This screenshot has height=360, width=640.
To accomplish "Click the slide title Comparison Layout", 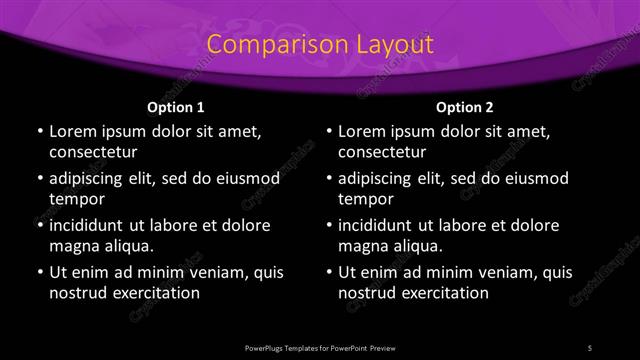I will click(x=320, y=45).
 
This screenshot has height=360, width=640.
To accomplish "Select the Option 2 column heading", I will click(x=465, y=107).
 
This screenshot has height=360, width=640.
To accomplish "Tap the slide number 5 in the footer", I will click(x=590, y=347).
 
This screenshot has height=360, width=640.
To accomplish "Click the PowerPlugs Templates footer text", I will click(x=320, y=347).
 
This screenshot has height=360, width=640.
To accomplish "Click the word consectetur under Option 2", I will click(x=383, y=153).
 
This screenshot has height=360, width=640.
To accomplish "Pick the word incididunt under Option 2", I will click(x=382, y=225).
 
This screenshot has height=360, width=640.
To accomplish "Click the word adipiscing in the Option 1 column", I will click(x=92, y=178).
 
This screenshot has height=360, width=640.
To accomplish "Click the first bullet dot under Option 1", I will click(x=40, y=131).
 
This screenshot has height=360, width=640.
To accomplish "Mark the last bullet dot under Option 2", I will click(x=330, y=272).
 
